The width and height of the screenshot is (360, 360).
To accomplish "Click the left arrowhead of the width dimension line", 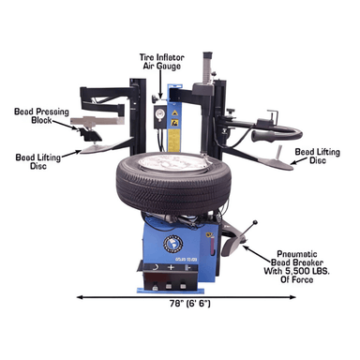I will coord(78,296).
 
